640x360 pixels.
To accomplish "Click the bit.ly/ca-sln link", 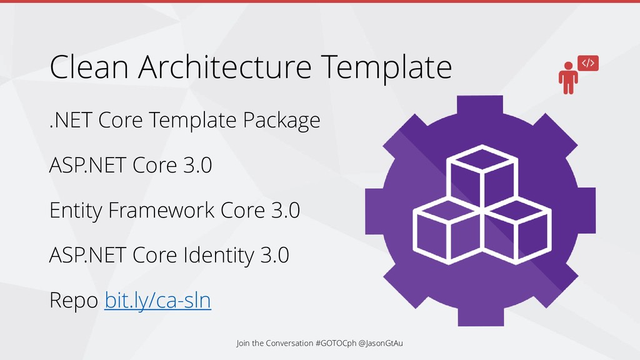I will (157, 301).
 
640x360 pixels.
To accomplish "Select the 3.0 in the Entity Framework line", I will (286, 211).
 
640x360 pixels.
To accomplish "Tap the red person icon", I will (568, 77).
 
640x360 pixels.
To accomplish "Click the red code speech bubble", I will (588, 63).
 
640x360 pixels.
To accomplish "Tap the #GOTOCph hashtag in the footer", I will (338, 343).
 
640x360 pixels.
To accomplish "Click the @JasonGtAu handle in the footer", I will (382, 343).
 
